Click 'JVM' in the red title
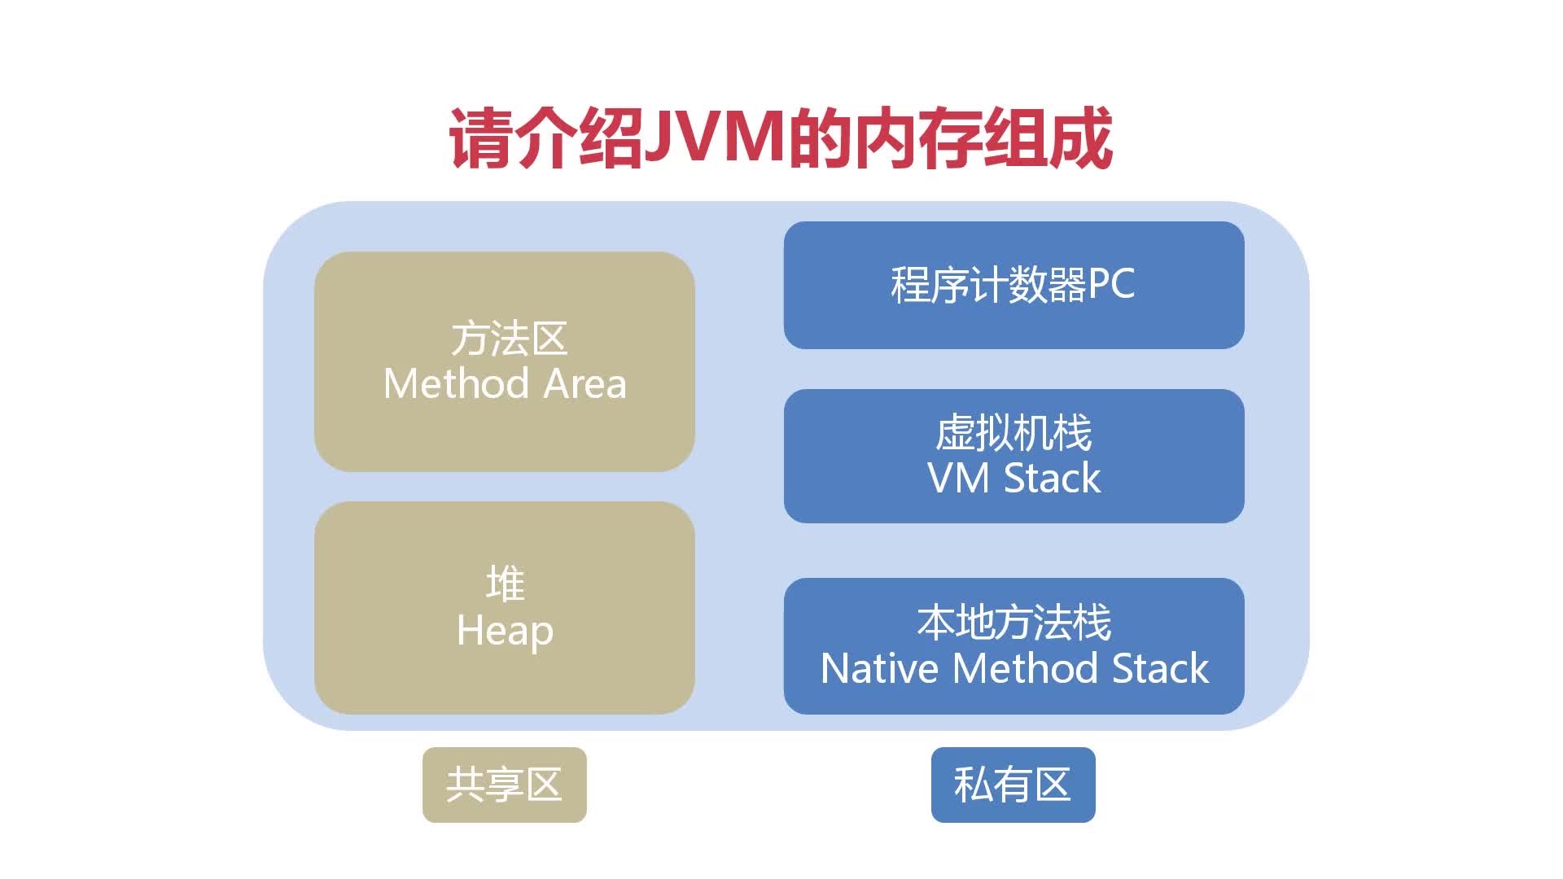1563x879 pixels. click(714, 138)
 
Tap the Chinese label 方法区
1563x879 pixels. click(509, 339)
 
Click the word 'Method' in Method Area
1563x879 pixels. click(455, 383)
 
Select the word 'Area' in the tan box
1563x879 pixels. click(584, 383)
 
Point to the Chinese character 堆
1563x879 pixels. click(505, 584)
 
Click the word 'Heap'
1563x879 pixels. click(505, 631)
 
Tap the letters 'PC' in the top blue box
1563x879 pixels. click(1111, 285)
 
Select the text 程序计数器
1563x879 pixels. click(988, 285)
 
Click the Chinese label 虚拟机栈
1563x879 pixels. click(1014, 432)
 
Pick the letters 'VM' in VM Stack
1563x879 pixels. click(957, 478)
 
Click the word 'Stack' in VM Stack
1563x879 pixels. click(1052, 478)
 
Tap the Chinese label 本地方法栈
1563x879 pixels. click(1014, 623)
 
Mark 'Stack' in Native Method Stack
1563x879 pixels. click(1160, 669)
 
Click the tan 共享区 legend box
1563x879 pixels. click(505, 785)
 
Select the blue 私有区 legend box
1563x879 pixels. click(1013, 785)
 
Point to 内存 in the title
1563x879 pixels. click(916, 138)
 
